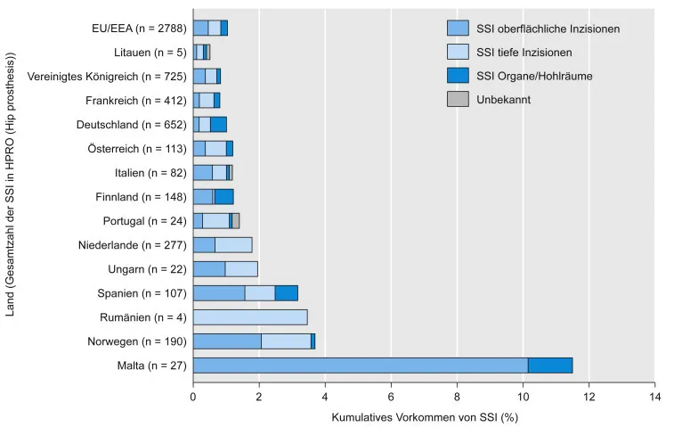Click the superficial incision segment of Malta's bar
click(360, 365)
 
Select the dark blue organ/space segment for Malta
click(550, 365)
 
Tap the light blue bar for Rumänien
click(250, 316)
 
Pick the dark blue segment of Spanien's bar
click(286, 292)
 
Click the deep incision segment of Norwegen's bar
click(286, 341)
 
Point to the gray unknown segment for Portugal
click(236, 220)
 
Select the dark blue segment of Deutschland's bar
click(218, 124)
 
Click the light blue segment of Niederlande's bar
click(233, 244)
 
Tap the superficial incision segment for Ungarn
click(209, 268)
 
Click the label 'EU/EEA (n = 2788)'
click(139, 28)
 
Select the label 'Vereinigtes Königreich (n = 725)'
click(108, 76)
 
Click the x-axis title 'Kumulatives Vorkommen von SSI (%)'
click(424, 416)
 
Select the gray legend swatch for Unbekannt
click(457, 99)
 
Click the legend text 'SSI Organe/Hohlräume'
click(535, 76)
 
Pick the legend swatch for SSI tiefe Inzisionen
click(457, 53)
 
